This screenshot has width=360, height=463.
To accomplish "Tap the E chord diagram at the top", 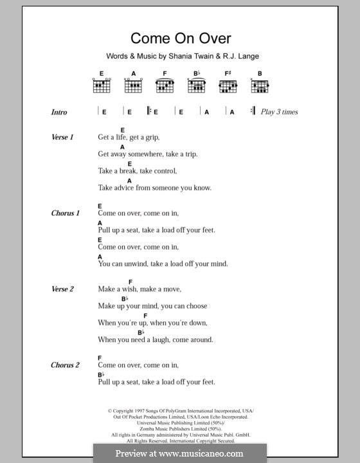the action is point(102,84).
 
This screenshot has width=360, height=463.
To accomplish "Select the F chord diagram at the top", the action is point(165,84).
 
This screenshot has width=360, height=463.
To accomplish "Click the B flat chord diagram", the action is point(197,84).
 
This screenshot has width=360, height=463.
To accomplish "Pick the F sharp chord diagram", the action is point(228,84).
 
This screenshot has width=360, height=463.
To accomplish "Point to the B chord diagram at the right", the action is point(260,84).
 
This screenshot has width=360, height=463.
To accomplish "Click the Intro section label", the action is point(59,112).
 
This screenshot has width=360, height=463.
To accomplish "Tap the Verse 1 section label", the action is point(63,138).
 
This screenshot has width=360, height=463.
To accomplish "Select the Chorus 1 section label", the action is point(66,213).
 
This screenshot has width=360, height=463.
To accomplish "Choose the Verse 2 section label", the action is point(63,289).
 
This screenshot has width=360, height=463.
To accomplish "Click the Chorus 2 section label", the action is point(66,365).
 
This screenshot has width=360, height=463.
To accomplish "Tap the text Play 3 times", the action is point(279,112).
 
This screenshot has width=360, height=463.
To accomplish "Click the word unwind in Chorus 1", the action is point(136,264).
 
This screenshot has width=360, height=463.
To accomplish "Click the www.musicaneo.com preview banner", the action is point(179,453).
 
